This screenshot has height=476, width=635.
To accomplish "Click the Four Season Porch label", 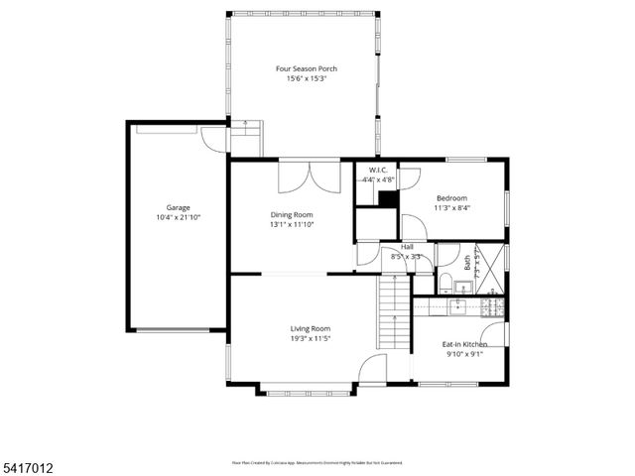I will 307,68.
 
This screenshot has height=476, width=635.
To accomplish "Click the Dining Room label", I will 292,214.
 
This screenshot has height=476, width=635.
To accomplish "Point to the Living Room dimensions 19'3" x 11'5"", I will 310,338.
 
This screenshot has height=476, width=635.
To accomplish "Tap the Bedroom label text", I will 453,197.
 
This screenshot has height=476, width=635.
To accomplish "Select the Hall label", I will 407,247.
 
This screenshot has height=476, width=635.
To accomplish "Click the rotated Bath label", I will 467,263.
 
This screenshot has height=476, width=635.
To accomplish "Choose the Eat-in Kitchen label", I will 464,343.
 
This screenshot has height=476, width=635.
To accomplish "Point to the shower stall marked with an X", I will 489,268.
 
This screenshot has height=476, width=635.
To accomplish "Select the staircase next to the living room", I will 393,312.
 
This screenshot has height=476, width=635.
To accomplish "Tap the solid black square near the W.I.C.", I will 388,198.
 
